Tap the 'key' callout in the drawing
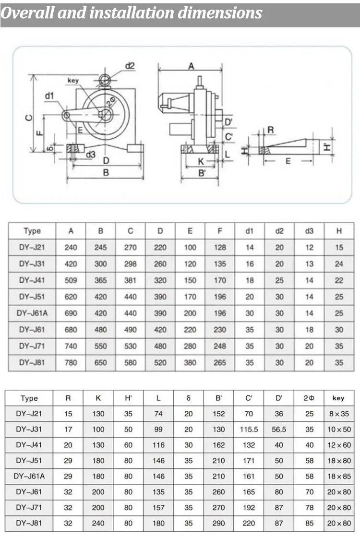click(73, 81)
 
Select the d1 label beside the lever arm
click(50, 96)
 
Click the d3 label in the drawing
click(90, 154)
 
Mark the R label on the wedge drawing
click(271, 130)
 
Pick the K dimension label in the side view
click(201, 162)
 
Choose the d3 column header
click(309, 231)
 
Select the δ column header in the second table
click(189, 398)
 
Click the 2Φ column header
click(309, 398)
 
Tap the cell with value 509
click(71, 280)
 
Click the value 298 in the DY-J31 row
click(130, 263)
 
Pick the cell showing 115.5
click(249, 430)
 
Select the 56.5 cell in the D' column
click(279, 430)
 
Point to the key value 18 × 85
click(339, 476)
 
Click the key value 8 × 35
click(339, 414)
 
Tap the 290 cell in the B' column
click(219, 523)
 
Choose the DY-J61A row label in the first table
click(32, 313)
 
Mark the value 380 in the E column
click(190, 363)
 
